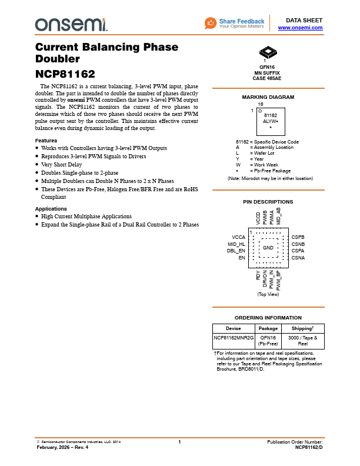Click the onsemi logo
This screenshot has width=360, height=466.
tap(71, 24)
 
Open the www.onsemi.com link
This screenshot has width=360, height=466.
tap(300, 28)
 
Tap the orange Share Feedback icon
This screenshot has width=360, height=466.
tap(211, 23)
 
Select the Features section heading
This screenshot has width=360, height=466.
tap(46, 141)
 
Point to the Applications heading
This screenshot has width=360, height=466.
tap(51, 209)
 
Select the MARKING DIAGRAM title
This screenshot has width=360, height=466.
tap(268, 97)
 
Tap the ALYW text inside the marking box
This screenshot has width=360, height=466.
tap(269, 121)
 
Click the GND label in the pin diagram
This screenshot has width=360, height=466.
tap(268, 248)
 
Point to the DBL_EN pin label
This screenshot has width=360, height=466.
tap(236, 251)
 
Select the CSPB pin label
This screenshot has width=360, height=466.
tap(298, 237)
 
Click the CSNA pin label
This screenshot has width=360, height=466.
tap(298, 258)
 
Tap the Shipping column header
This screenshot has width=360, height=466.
tap(303, 329)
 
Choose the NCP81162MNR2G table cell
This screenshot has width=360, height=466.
tap(234, 338)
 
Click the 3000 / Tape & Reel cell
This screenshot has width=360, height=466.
tap(303, 341)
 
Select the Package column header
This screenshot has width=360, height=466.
tap(268, 329)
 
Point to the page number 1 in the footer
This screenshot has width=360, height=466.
tap(179, 442)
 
